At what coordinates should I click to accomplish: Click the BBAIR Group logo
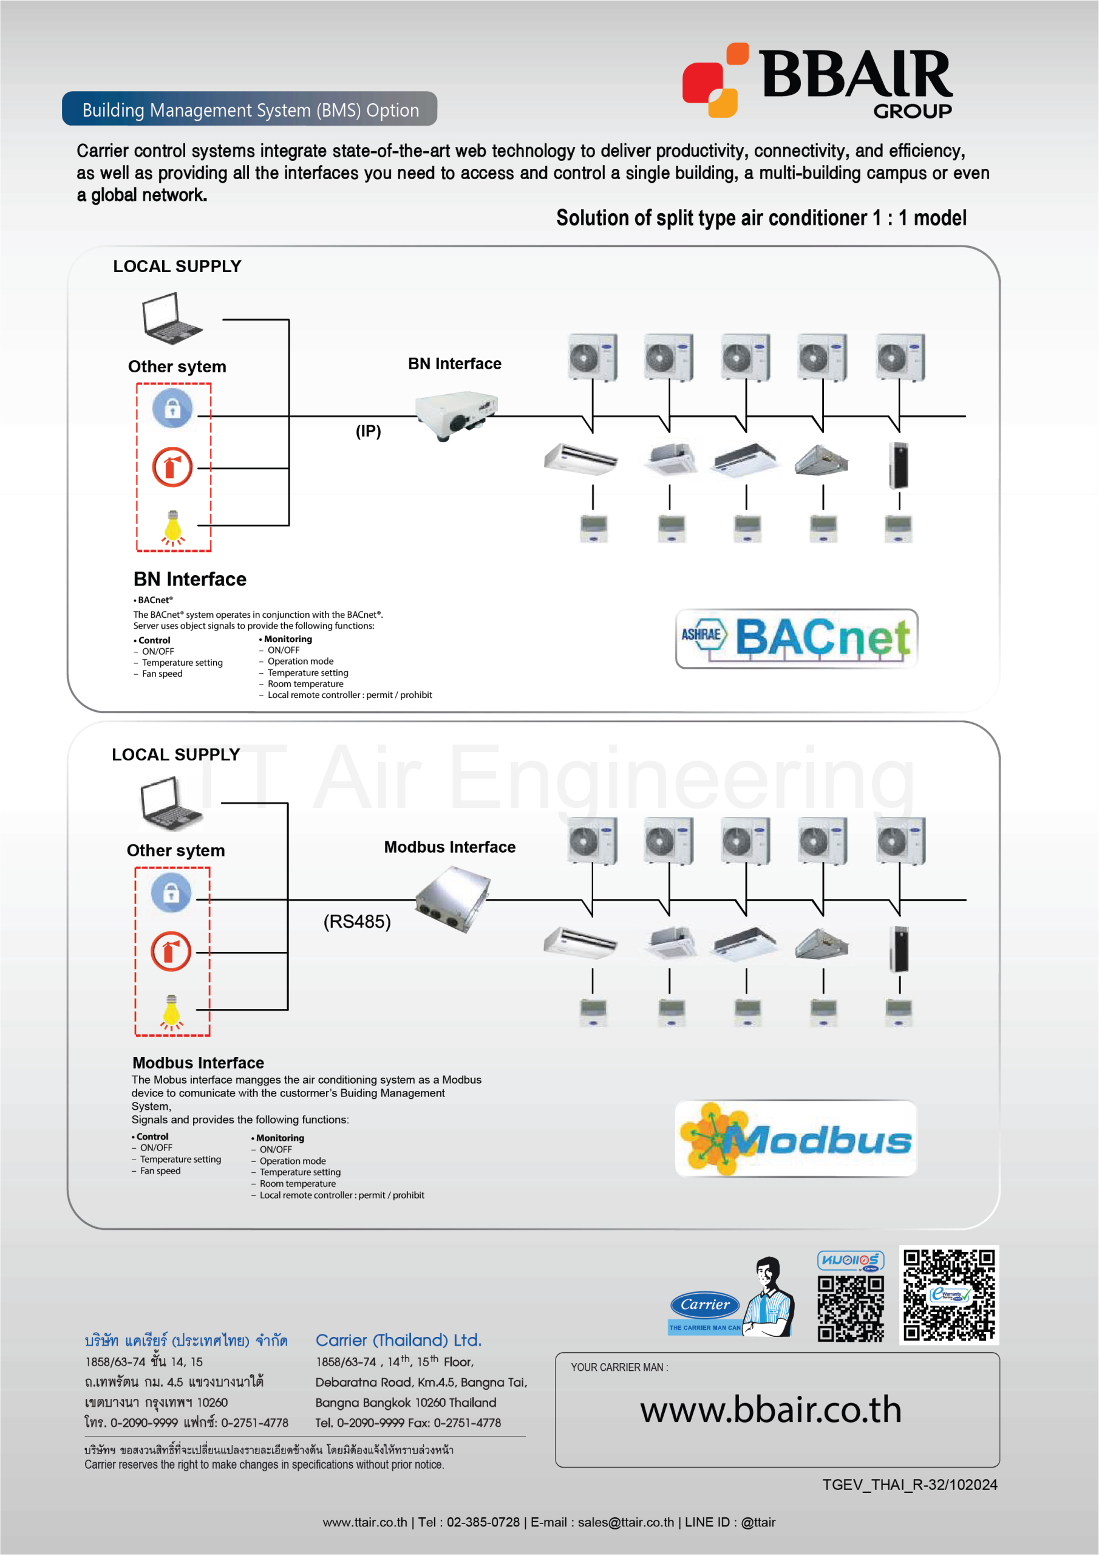[817, 81]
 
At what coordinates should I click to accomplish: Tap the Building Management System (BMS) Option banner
[250, 110]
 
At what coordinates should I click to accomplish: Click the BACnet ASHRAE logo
[796, 638]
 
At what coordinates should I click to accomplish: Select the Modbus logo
[795, 1138]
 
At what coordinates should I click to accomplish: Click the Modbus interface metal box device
[452, 900]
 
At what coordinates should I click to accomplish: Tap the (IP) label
[369, 431]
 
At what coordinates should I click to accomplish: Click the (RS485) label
[357, 921]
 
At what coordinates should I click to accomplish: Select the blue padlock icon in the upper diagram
[172, 408]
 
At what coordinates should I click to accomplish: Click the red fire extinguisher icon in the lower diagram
[171, 951]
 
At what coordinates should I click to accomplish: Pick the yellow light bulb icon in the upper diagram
[172, 528]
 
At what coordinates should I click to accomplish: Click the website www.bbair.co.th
[771, 1409]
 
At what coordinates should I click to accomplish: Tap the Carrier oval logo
[705, 1304]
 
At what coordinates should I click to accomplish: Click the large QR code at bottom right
[948, 1294]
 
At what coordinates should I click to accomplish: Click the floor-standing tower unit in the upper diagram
[899, 465]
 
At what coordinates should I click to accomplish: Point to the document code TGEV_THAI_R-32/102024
[910, 1485]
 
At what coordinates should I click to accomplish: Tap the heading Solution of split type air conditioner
[761, 218]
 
